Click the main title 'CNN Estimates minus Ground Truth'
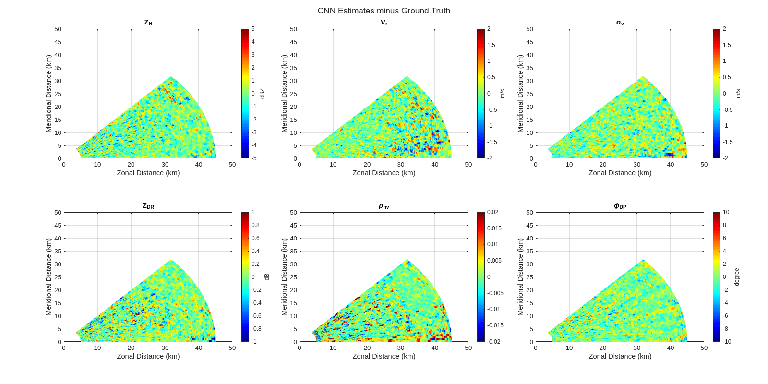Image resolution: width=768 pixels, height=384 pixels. pos(384,11)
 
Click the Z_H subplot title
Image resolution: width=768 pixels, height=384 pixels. pos(148,23)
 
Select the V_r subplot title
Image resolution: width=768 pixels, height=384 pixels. pos(384,23)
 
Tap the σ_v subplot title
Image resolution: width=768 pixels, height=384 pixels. pos(620,23)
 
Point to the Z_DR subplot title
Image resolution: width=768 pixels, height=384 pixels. pos(148,206)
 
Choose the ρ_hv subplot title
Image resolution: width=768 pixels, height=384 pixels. pos(384,206)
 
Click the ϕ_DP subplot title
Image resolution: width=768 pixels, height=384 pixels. pos(620,206)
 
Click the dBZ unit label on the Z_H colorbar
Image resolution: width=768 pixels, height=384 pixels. pos(262,94)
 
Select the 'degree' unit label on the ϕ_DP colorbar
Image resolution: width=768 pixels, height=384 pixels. pos(737,277)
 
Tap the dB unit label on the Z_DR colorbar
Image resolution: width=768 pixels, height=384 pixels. pos(267,277)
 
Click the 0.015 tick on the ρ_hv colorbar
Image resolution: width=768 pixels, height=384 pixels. pos(494,228)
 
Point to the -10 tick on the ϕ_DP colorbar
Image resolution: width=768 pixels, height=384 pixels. pos(727,342)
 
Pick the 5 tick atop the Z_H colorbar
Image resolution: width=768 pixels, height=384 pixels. pos(253,29)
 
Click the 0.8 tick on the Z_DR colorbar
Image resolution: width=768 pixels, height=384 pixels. pos(255,225)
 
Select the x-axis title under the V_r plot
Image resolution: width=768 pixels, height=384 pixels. pos(384,173)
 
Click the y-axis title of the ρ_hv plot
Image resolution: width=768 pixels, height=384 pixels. pos(284,277)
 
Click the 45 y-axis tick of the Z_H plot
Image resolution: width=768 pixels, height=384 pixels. pos(58,42)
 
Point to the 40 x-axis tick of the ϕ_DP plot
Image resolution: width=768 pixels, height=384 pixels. pos(671,348)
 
